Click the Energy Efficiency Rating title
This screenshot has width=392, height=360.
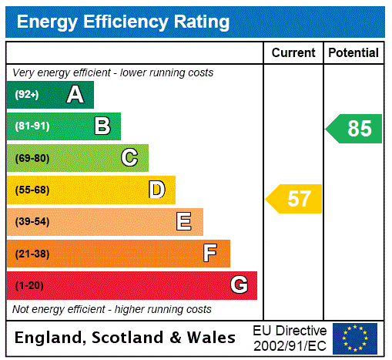[x=123, y=22]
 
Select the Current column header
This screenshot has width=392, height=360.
[x=293, y=52]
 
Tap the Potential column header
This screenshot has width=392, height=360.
[x=353, y=52]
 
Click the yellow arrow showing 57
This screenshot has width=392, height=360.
[x=295, y=199]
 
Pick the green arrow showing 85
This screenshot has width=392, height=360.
[x=355, y=129]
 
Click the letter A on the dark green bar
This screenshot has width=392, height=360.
[x=75, y=95]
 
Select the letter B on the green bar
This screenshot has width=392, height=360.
[x=102, y=126]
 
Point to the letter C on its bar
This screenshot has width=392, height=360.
[x=129, y=158]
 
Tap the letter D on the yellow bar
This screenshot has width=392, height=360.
[x=156, y=190]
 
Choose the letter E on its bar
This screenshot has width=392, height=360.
[x=184, y=222]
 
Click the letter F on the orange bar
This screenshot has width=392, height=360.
[x=210, y=254]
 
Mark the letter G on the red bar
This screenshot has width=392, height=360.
[x=239, y=285]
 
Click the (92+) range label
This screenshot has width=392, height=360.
[x=27, y=95]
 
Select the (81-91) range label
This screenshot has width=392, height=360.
[x=32, y=126]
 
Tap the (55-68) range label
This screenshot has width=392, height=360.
[x=32, y=190]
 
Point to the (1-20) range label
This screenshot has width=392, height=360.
[x=29, y=285]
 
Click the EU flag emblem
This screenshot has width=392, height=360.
[x=355, y=338]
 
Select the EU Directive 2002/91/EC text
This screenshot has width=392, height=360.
[x=290, y=338]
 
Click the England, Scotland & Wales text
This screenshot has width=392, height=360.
[x=126, y=338]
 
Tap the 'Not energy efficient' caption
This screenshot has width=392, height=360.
[x=112, y=309]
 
